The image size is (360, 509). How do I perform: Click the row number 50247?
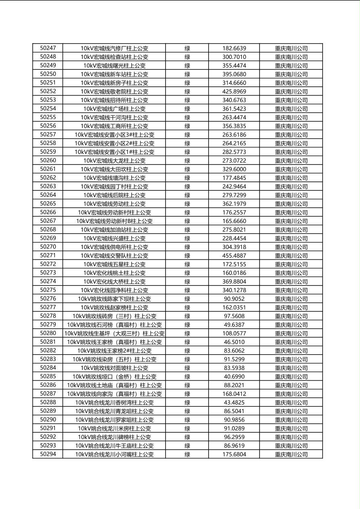pyautogui.click(x=48, y=48)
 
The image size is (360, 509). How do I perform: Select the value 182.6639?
pyautogui.click(x=234, y=48)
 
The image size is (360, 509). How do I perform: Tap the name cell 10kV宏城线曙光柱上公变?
pyautogui.click(x=114, y=66)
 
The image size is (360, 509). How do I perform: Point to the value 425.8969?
pyautogui.click(x=234, y=92)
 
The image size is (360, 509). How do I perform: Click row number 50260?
pyautogui.click(x=48, y=161)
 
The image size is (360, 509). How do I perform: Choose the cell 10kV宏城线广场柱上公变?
pyautogui.click(x=114, y=109)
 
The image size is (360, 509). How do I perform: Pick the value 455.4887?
pyautogui.click(x=234, y=256)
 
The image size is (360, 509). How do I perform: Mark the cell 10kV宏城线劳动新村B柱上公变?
pyautogui.click(x=114, y=221)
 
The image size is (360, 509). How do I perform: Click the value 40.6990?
pyautogui.click(x=234, y=377)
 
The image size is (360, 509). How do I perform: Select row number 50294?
pyautogui.click(x=48, y=454)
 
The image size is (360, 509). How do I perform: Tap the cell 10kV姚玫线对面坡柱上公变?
pyautogui.click(x=114, y=368)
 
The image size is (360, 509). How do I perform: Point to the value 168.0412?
pyautogui.click(x=234, y=394)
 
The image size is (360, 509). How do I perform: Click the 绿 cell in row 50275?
pyautogui.click(x=187, y=290)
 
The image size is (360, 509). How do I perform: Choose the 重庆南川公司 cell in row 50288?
pyautogui.click(x=291, y=403)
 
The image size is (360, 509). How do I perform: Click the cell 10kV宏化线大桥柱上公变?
pyautogui.click(x=114, y=282)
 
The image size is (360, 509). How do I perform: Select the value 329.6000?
pyautogui.click(x=234, y=169)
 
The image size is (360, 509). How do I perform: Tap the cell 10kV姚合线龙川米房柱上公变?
pyautogui.click(x=114, y=428)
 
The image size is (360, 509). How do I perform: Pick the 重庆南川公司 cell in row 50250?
pyautogui.click(x=291, y=74)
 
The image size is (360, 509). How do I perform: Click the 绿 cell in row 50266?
pyautogui.click(x=187, y=213)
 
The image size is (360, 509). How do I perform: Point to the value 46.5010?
pyautogui.click(x=234, y=342)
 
